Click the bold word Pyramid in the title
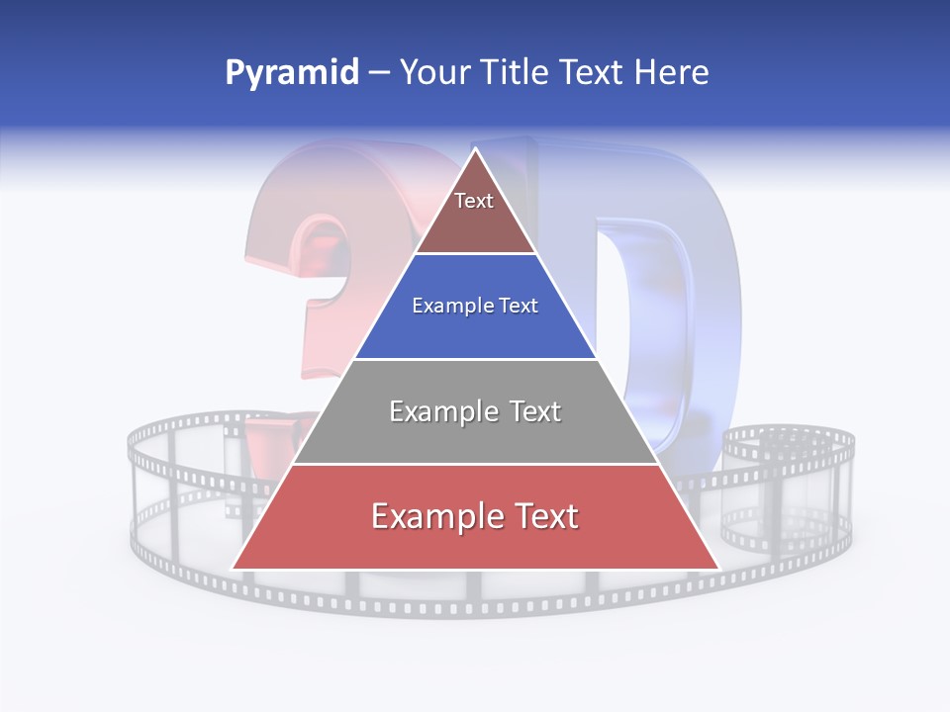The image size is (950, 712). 291,73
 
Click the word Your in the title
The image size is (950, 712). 432,73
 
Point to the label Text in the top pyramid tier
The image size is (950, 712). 474,201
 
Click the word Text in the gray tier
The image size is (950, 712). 528,411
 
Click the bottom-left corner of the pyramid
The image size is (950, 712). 233,569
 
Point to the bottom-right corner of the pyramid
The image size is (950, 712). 718,569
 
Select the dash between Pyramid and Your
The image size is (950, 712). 379,73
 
